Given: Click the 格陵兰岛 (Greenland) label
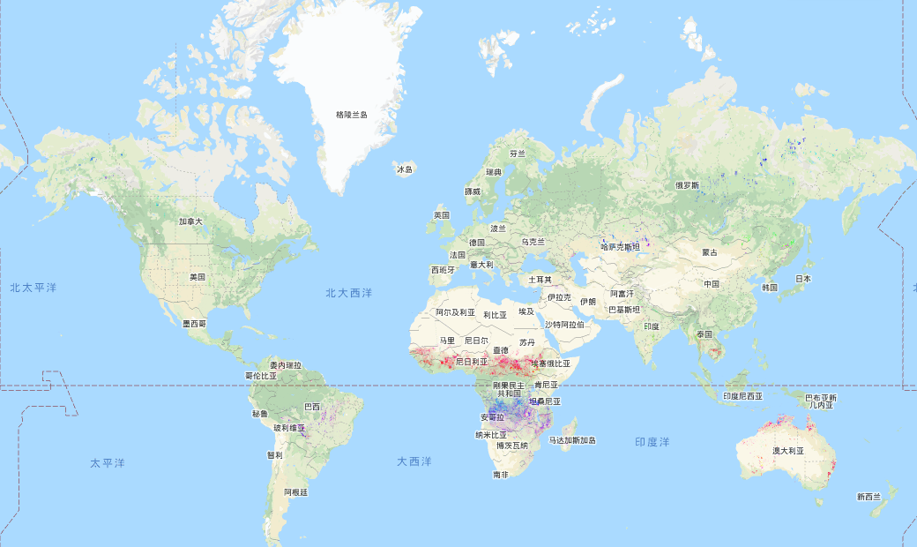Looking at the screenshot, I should click(352, 115).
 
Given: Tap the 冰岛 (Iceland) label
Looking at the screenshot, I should click(405, 169).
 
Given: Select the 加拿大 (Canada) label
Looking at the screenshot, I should click(190, 221).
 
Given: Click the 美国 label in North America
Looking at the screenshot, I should click(198, 276).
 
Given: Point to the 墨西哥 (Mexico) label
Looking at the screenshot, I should click(194, 323).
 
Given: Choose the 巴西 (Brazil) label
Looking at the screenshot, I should click(312, 407).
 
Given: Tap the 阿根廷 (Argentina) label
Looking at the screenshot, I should click(294, 492).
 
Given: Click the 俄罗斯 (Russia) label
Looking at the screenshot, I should click(687, 185).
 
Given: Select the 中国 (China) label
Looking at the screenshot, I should click(712, 284).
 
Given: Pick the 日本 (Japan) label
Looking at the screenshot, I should click(802, 279).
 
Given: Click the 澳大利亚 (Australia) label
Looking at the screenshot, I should click(790, 451).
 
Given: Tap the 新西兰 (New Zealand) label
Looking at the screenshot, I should click(869, 497).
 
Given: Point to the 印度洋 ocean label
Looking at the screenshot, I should click(652, 441).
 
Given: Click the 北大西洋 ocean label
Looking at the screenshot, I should click(348, 292).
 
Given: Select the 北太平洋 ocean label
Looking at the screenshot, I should click(34, 288).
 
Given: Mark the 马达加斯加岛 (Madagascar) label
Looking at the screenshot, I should click(572, 440).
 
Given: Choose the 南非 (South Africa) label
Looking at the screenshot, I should click(501, 475).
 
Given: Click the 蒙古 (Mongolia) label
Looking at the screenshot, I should click(710, 252).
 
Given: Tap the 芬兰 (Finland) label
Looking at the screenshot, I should click(518, 153).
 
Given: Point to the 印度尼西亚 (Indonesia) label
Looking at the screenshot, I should click(742, 396).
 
